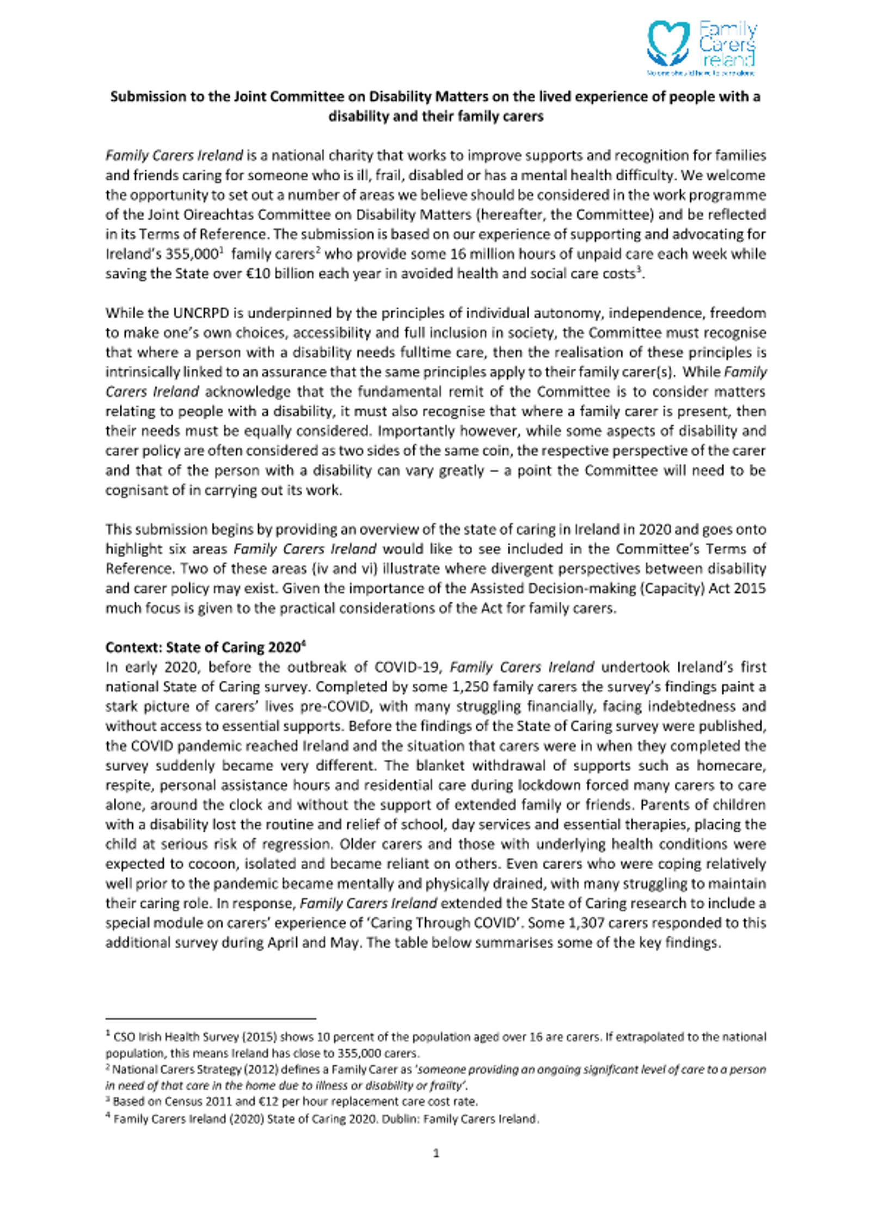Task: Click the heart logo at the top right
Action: point(668,44)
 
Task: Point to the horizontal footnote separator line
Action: point(210,1017)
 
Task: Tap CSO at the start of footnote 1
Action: point(122,1037)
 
